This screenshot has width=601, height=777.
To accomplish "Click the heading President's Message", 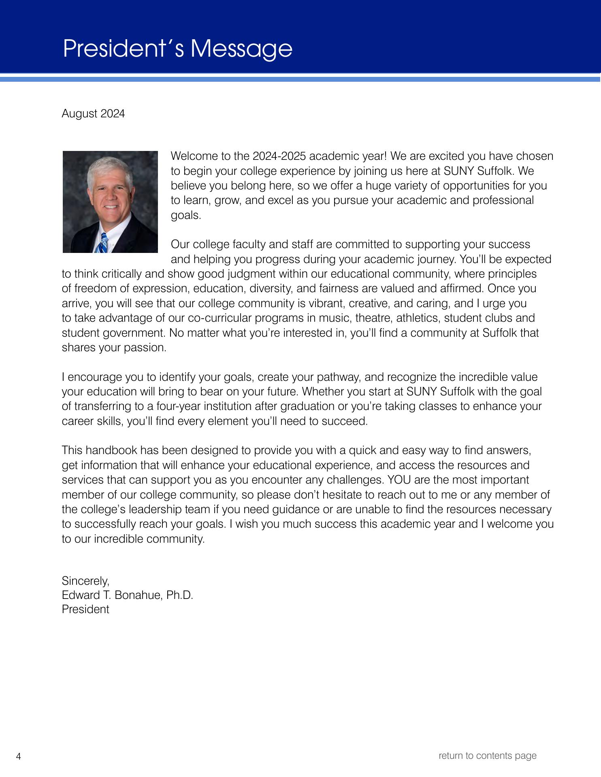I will [x=177, y=49].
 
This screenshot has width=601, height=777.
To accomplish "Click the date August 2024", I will [x=93, y=114].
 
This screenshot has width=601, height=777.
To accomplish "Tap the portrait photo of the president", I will [x=110, y=202].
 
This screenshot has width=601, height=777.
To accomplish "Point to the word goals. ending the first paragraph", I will [x=186, y=215].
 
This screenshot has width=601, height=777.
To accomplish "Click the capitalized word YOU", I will [x=400, y=480].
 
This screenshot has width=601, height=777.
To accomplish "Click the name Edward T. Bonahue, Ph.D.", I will [x=127, y=595].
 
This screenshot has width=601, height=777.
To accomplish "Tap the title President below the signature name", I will [x=85, y=609].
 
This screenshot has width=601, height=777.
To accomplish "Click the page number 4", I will [x=18, y=756].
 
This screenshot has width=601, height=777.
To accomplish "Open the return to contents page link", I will [x=487, y=756].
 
